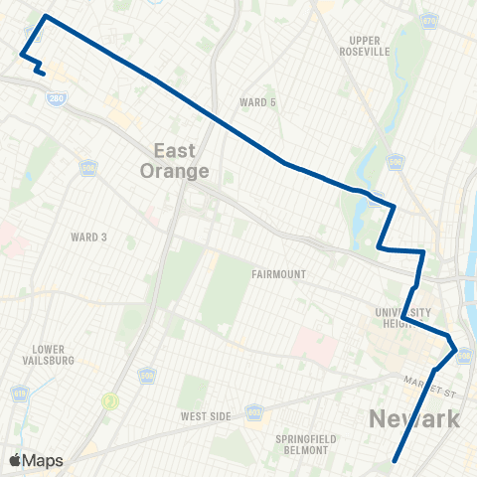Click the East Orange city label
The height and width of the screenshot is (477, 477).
(181, 160)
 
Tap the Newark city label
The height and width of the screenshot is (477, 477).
(414, 418)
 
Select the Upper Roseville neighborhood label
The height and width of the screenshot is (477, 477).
(364, 46)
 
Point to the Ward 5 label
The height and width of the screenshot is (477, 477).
(257, 102)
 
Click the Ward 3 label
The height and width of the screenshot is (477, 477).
(88, 238)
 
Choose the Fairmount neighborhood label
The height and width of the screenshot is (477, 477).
(278, 274)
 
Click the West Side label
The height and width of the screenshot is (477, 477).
(206, 416)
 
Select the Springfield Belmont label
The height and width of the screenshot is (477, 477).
(303, 444)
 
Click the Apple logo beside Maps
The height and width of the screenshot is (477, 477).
(14, 460)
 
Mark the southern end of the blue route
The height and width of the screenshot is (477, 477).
(396, 461)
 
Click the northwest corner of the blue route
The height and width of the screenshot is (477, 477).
(46, 17)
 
